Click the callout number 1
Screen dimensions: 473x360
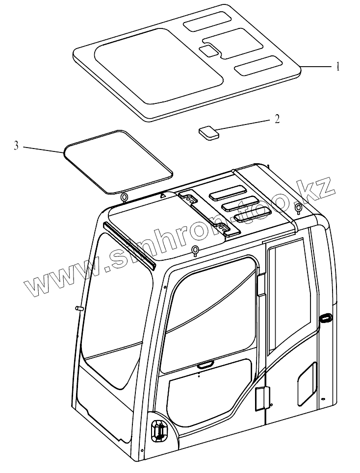[337, 67]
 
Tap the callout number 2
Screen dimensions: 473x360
[277, 119]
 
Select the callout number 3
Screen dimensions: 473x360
[17, 146]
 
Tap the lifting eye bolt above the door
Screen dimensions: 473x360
[195, 251]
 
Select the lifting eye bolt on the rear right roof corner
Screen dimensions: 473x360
[298, 208]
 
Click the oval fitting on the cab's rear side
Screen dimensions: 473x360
[325, 319]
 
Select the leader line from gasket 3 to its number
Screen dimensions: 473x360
[43, 150]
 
